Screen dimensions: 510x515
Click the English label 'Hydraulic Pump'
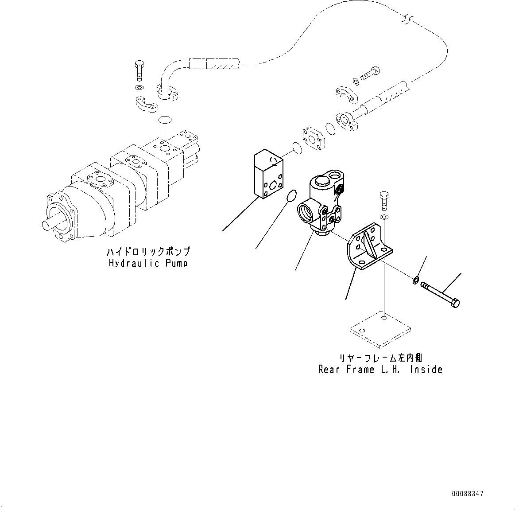148,263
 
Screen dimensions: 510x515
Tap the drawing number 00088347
468,494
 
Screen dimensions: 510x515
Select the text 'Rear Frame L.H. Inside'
380,369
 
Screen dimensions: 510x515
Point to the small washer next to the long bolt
416,280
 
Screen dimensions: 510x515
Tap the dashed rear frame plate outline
380,329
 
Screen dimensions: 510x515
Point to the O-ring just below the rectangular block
291,196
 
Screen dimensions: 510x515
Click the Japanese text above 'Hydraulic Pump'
148,252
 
